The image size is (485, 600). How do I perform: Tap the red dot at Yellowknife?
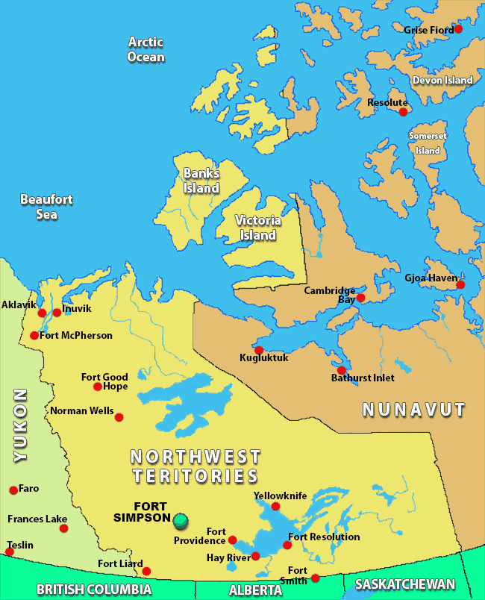275,507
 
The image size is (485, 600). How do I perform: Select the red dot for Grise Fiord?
458,29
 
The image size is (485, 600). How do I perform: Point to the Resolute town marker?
404,112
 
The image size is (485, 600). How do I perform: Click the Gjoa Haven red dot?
460,284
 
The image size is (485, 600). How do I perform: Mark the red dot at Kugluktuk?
259,350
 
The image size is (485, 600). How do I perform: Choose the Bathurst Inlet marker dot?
342,370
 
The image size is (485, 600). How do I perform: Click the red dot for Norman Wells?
119,417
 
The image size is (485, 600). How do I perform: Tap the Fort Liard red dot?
146,572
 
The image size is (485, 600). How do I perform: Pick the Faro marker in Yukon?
13,490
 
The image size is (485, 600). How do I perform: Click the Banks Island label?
201,181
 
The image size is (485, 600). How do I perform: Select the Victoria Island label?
257,228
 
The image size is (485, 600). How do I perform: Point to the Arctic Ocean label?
145,49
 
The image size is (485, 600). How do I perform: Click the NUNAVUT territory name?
413,409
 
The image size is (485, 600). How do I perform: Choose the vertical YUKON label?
20,424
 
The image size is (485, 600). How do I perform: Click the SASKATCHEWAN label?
404,584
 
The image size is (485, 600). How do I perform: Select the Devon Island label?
442,80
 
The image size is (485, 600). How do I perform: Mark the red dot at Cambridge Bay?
361,298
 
